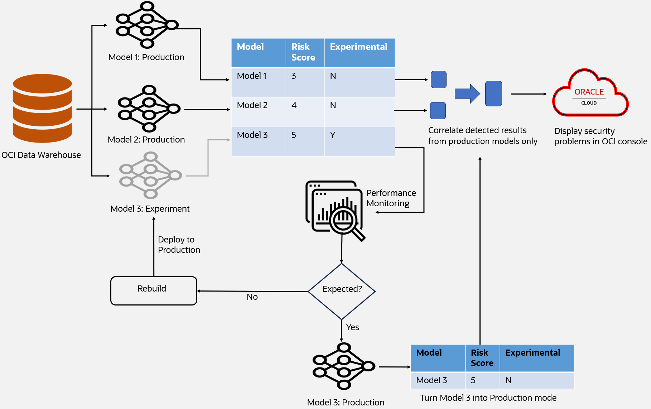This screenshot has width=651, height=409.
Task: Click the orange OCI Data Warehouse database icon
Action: [x=42, y=108]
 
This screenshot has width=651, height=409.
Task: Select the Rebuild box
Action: [x=154, y=290]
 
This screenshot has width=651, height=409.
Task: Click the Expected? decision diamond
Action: [x=342, y=291]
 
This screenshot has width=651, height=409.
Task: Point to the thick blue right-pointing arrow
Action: [x=467, y=93]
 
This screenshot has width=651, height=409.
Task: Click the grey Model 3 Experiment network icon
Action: [x=150, y=175]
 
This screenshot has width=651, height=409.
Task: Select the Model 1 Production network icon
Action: [x=147, y=25]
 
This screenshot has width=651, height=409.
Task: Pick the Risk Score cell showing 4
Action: [x=305, y=111]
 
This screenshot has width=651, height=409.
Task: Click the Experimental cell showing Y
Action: [x=359, y=141]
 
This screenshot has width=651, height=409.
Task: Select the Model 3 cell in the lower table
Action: [x=438, y=380]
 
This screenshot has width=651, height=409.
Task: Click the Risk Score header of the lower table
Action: [x=482, y=358]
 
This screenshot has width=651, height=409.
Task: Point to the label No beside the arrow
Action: [x=252, y=297]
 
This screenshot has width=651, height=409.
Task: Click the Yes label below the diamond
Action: [x=352, y=327]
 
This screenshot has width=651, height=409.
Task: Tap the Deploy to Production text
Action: [x=179, y=245]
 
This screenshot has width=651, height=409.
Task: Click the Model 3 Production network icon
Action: [x=343, y=366]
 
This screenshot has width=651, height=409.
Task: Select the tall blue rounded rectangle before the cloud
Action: [x=493, y=93]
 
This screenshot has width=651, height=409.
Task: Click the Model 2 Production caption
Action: [x=146, y=140]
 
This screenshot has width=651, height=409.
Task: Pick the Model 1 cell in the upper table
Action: [x=258, y=82]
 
